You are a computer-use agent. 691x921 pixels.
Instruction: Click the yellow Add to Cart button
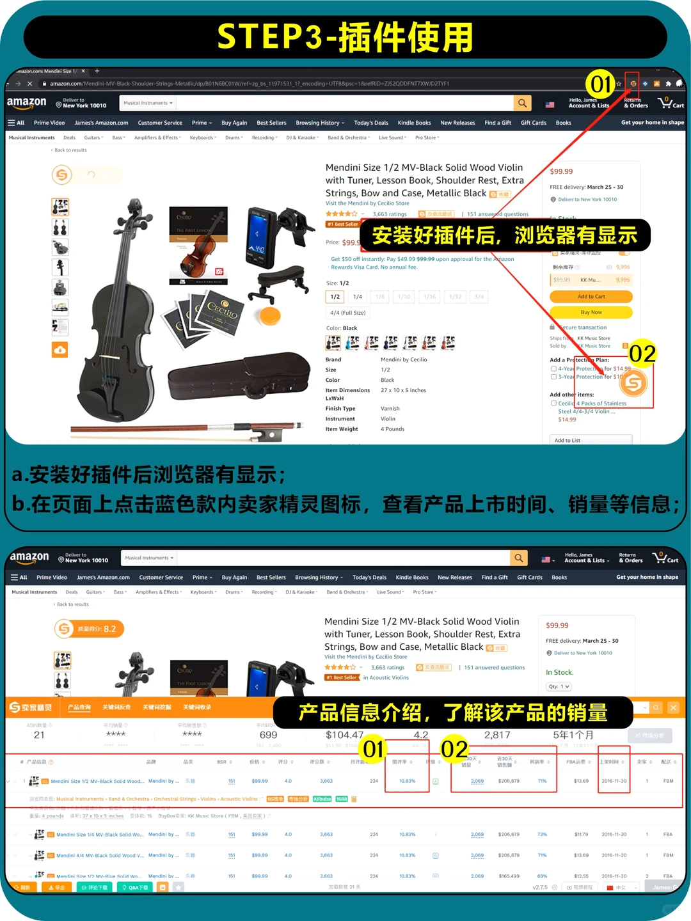pyautogui.click(x=591, y=297)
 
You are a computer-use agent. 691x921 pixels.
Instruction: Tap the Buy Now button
pyautogui.click(x=591, y=312)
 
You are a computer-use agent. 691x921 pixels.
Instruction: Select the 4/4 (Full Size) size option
pyautogui.click(x=348, y=313)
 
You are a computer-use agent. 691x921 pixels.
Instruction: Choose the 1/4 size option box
pyautogui.click(x=358, y=297)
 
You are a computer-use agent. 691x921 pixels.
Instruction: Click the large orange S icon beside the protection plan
pyautogui.click(x=633, y=383)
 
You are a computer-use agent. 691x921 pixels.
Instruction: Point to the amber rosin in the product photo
pyautogui.click(x=269, y=316)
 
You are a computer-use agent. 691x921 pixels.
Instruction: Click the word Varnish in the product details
pyautogui.click(x=390, y=409)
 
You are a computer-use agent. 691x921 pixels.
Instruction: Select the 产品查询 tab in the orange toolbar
pyautogui.click(x=79, y=707)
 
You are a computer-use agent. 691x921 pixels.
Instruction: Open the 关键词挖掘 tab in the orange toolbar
pyautogui.click(x=157, y=707)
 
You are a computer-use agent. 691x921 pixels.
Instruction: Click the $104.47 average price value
pyautogui.click(x=344, y=735)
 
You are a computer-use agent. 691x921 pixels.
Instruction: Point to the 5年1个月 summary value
pyautogui.click(x=573, y=735)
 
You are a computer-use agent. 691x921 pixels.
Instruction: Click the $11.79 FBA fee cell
pyautogui.click(x=581, y=835)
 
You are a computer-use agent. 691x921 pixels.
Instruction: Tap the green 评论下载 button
pyautogui.click(x=95, y=887)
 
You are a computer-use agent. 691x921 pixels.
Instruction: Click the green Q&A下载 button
pyautogui.click(x=136, y=887)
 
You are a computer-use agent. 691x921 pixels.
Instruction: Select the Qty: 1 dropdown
pyautogui.click(x=559, y=686)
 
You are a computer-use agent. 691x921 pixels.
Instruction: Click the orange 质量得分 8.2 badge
pyautogui.click(x=89, y=629)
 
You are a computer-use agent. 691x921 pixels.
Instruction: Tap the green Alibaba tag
pyautogui.click(x=322, y=799)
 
